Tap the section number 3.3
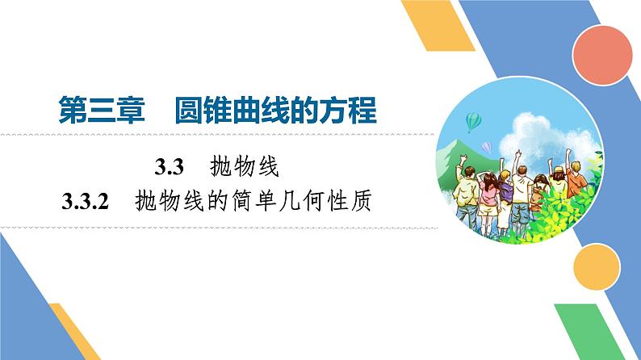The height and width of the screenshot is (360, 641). tap(170, 169)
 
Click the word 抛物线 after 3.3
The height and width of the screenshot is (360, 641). tap(243, 169)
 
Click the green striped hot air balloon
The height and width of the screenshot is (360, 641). tap(472, 121)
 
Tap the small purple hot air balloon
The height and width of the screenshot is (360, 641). tap(487, 146)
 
